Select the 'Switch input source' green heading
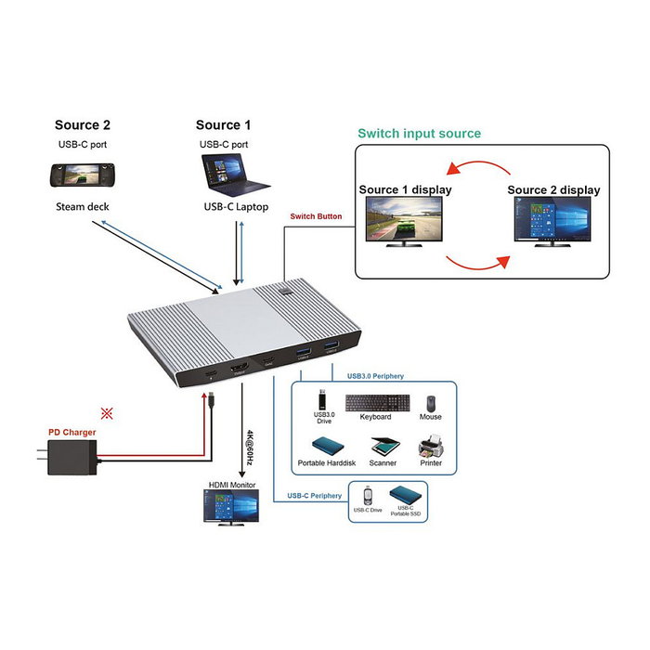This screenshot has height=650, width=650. click(419, 134)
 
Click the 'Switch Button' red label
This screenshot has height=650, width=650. click(316, 216)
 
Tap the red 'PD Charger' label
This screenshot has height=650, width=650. click(71, 432)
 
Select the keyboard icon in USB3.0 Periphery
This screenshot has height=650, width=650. click(377, 403)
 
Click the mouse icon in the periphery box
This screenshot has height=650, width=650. click(430, 403)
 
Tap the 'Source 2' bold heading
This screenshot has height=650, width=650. click(82, 125)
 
